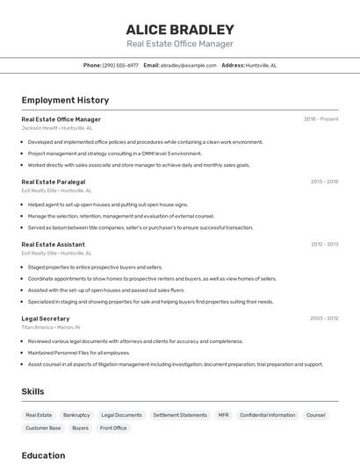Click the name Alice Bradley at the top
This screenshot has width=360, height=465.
(180, 30)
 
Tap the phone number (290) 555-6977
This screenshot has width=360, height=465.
(120, 65)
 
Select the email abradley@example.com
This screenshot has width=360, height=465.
(189, 65)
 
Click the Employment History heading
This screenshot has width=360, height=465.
(65, 101)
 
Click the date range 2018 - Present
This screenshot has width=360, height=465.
(320, 119)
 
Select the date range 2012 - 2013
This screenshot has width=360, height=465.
(324, 245)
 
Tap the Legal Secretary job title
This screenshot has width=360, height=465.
(46, 318)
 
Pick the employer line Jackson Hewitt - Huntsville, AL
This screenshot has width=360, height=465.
(56, 128)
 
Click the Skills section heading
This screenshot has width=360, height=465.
(32, 391)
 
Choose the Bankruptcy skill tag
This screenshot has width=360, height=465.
(76, 415)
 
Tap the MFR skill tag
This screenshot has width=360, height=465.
(223, 415)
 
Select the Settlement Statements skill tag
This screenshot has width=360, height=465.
(179, 415)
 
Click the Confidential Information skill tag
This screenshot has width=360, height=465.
(267, 415)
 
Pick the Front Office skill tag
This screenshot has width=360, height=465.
(113, 428)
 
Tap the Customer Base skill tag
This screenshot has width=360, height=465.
(43, 428)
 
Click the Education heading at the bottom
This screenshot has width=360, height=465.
(43, 455)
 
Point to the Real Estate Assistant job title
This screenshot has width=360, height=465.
(53, 245)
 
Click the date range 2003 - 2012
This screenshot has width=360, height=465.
(324, 318)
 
